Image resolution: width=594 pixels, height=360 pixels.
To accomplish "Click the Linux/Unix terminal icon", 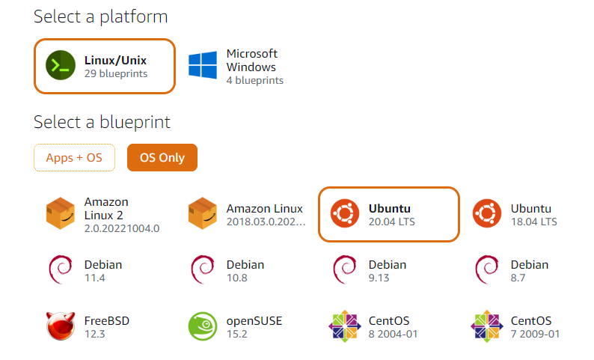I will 60,66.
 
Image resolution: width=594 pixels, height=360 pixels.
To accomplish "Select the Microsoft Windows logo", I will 203,66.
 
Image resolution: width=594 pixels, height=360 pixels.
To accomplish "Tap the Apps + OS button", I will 74,158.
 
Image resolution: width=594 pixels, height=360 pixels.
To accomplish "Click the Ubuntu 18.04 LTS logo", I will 487,214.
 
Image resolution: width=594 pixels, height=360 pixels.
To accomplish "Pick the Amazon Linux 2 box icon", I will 61,214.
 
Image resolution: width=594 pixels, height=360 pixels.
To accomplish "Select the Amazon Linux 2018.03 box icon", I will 203,214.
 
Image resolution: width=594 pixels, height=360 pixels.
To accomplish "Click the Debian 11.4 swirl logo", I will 60,270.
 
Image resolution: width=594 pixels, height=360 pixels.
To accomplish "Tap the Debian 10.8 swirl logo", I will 202,270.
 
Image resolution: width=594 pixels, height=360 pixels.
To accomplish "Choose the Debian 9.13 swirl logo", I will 344,270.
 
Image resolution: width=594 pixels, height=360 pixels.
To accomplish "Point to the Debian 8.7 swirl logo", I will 486,270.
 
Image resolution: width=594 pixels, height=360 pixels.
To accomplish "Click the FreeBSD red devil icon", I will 61,326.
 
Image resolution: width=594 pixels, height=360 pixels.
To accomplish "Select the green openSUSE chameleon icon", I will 203,326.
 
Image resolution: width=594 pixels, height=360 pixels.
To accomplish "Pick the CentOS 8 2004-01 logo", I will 345,326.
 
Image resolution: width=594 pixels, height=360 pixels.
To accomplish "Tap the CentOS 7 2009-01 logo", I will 487,326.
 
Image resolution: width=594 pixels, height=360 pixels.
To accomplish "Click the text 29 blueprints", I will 116,74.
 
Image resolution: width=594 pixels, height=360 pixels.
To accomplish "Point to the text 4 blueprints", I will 255,80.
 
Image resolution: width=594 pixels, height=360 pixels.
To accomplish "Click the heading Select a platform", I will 101,16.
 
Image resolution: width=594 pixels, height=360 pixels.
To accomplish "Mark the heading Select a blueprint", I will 102,122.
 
